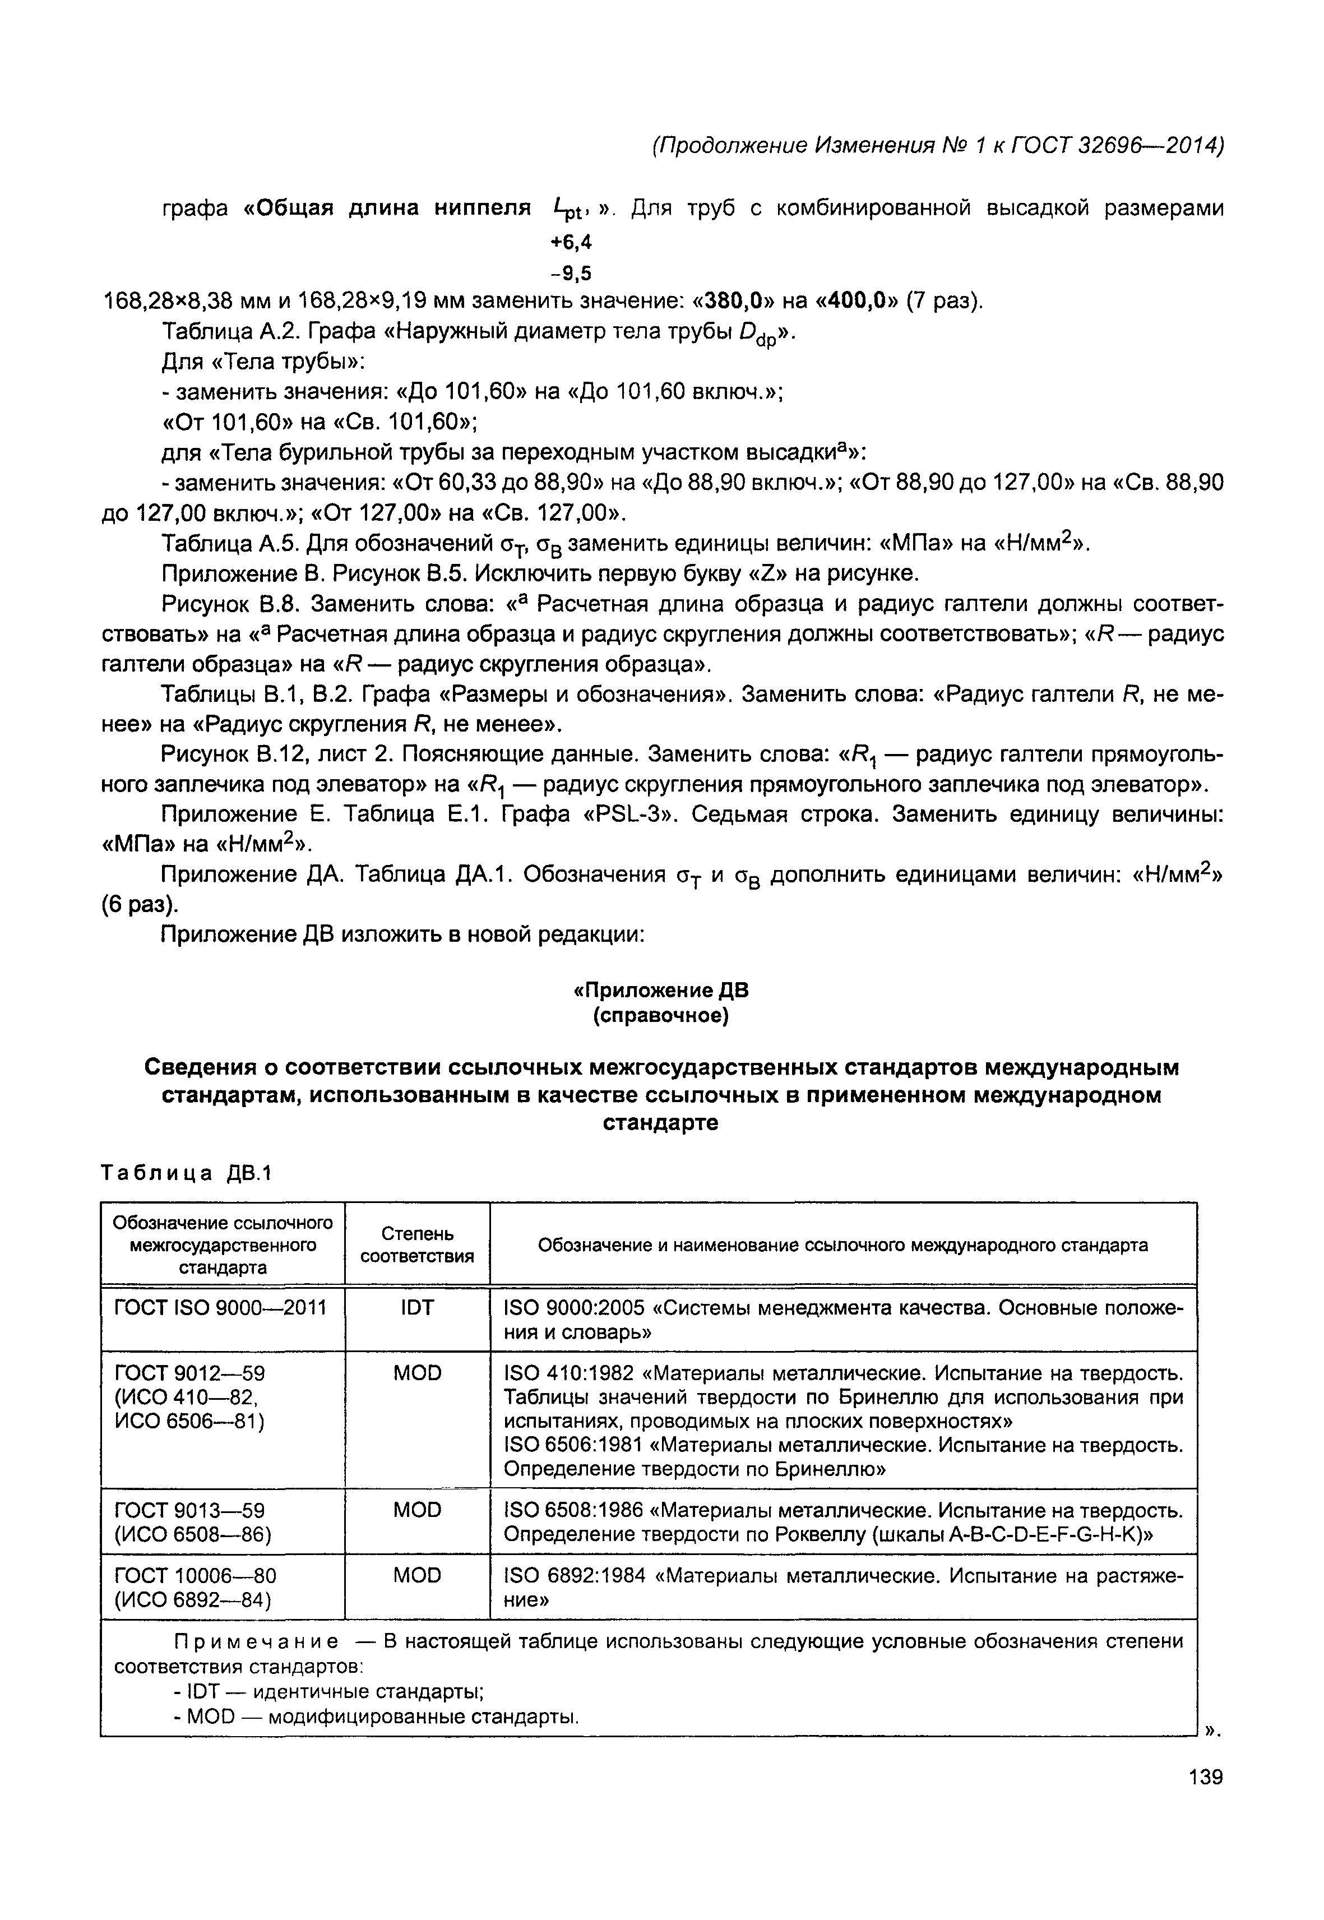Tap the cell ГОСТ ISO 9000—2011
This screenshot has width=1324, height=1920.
click(220, 1308)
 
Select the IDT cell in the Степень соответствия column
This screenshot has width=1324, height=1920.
click(416, 1308)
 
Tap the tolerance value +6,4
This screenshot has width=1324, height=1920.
click(572, 242)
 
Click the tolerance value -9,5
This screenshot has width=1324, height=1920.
click(572, 272)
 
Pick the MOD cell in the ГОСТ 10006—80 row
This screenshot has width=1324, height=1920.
click(416, 1576)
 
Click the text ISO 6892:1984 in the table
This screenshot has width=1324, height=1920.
click(574, 1576)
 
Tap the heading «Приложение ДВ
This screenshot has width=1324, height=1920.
click(661, 991)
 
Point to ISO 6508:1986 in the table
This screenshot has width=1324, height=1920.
click(574, 1510)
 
